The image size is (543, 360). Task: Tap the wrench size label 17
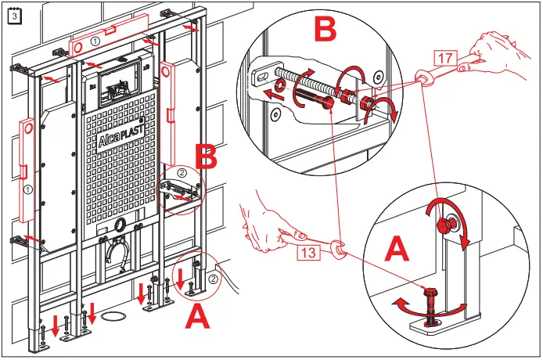(443, 56)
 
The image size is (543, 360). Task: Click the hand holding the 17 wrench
(504, 55)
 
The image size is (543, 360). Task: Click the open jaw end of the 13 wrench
(339, 250)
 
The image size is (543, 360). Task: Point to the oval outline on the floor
(115, 316)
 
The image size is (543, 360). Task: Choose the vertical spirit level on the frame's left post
(28, 176)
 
